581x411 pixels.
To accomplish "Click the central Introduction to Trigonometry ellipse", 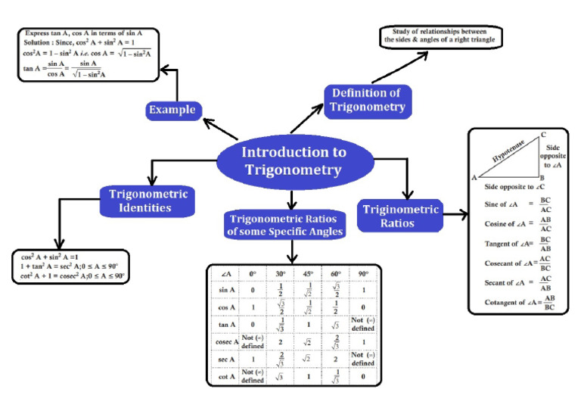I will pos(294,160).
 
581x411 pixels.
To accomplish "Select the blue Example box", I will pos(172,111).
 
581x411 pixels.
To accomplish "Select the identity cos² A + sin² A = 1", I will pos(60,257).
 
